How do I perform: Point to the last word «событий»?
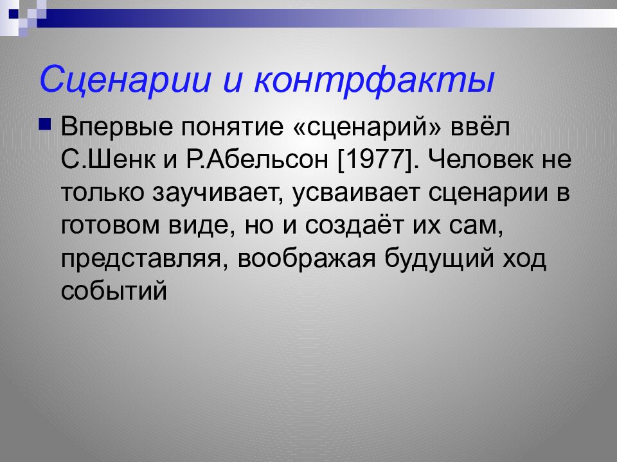pos(115,292)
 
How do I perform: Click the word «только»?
pos(103,193)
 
